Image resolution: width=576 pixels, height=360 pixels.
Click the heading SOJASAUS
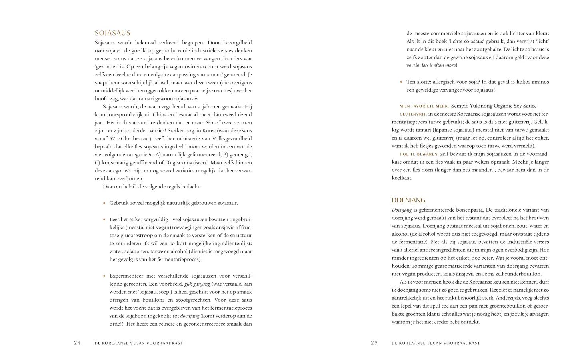click(112, 33)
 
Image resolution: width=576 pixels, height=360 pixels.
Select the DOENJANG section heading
click(408, 200)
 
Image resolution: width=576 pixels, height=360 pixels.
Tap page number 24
click(78, 343)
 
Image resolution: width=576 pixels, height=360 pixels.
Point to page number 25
click(374, 343)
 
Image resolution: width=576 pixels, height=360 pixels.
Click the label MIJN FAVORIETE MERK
click(424, 106)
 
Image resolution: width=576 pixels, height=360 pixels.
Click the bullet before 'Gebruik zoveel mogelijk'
click(104, 203)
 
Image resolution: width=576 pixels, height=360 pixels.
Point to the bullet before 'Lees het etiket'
click(104, 220)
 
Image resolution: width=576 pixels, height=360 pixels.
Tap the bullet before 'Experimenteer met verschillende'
click(104, 276)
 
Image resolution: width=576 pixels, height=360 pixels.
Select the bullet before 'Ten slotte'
click(401, 82)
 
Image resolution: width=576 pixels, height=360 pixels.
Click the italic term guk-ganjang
click(197, 284)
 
